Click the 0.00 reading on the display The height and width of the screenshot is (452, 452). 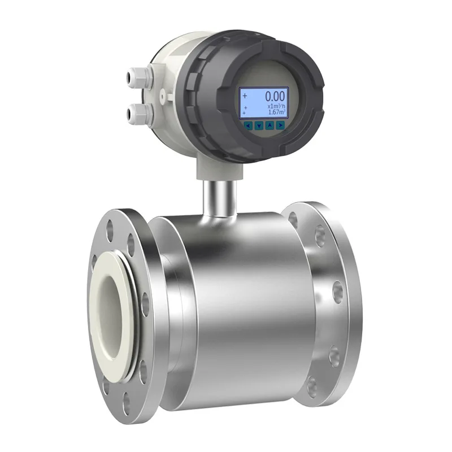(x=275, y=96)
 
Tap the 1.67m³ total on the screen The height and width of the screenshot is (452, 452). (x=277, y=113)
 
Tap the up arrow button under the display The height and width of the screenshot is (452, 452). (x=270, y=125)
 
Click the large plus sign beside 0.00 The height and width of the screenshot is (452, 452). (x=245, y=95)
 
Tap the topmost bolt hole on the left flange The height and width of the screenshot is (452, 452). (x=120, y=219)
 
